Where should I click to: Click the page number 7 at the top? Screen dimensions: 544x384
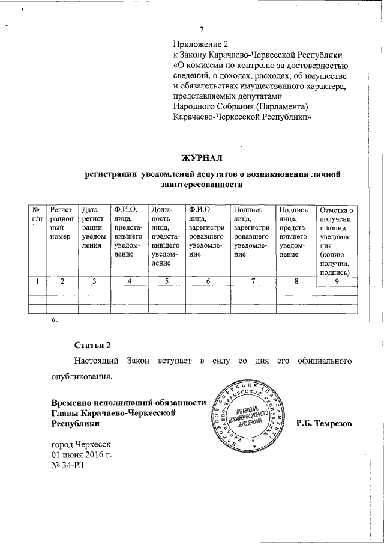(x=202, y=31)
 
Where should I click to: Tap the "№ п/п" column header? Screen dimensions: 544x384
(x=37, y=215)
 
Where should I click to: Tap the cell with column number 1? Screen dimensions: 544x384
(x=38, y=281)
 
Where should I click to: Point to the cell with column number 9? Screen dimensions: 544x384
(x=336, y=281)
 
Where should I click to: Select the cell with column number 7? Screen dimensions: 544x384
(x=253, y=281)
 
